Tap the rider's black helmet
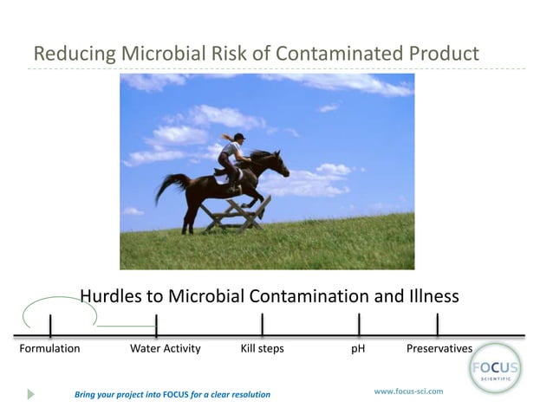coord(238,137)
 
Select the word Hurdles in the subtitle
coord(111,296)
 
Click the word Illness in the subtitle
coord(428,296)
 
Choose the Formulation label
coord(49,348)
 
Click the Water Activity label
coord(165,348)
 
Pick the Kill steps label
coord(262,348)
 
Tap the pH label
coord(358,348)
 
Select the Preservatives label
coord(439,348)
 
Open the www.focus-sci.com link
coord(408,391)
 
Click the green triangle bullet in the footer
coord(31,394)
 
